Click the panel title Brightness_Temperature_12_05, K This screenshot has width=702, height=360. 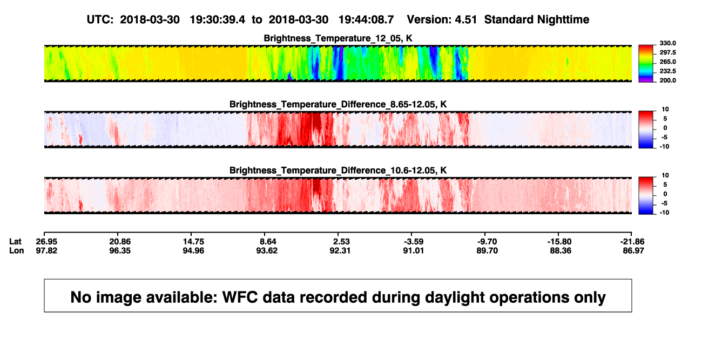[338, 38]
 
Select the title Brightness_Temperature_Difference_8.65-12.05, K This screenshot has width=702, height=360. [338, 104]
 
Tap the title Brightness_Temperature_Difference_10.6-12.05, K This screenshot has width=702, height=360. [338, 171]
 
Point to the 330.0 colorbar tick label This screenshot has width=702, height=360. [667, 43]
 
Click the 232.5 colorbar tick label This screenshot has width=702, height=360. [667, 71]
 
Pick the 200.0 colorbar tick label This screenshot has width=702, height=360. [667, 80]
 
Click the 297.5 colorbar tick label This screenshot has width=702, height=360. [667, 53]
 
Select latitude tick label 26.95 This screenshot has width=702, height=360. [46, 242]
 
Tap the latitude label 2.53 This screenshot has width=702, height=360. [341, 242]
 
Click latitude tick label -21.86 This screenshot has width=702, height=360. [632, 242]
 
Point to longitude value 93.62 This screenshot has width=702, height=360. [267, 250]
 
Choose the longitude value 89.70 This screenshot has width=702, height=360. [487, 250]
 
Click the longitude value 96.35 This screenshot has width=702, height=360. [120, 250]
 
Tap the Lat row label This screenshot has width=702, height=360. [15, 242]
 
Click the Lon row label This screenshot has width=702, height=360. [16, 250]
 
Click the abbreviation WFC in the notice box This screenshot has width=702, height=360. [240, 297]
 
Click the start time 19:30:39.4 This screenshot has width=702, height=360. [217, 20]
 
